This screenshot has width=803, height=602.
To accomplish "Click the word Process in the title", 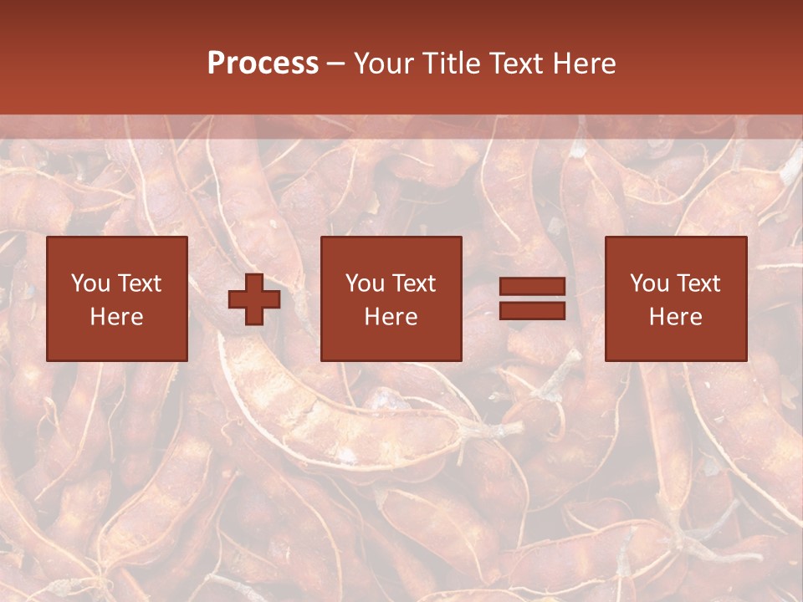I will coord(263,64).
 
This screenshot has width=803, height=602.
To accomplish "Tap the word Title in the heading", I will coord(450,64).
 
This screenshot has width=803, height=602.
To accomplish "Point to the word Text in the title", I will coord(515,64).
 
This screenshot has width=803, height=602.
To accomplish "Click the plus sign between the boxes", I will coord(254,299).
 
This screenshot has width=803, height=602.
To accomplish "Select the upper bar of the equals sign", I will coord(532,287).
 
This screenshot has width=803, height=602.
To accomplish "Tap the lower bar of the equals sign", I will coord(532,310).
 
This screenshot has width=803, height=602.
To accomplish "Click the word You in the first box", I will coord(90,283).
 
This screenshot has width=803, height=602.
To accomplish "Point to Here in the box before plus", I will coord(117,317).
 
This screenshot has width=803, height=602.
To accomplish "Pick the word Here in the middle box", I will coord(391,317).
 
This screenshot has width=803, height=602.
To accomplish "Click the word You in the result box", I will coord(648,283).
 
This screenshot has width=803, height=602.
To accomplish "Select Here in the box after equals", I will coord(676,317).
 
